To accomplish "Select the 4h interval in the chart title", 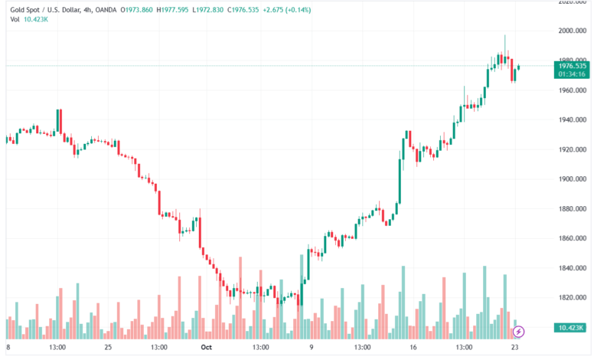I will click(91, 8).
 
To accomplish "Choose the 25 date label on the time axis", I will click(108, 347).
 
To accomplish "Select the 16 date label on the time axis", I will click(413, 347).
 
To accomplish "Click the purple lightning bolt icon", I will click(518, 332).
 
